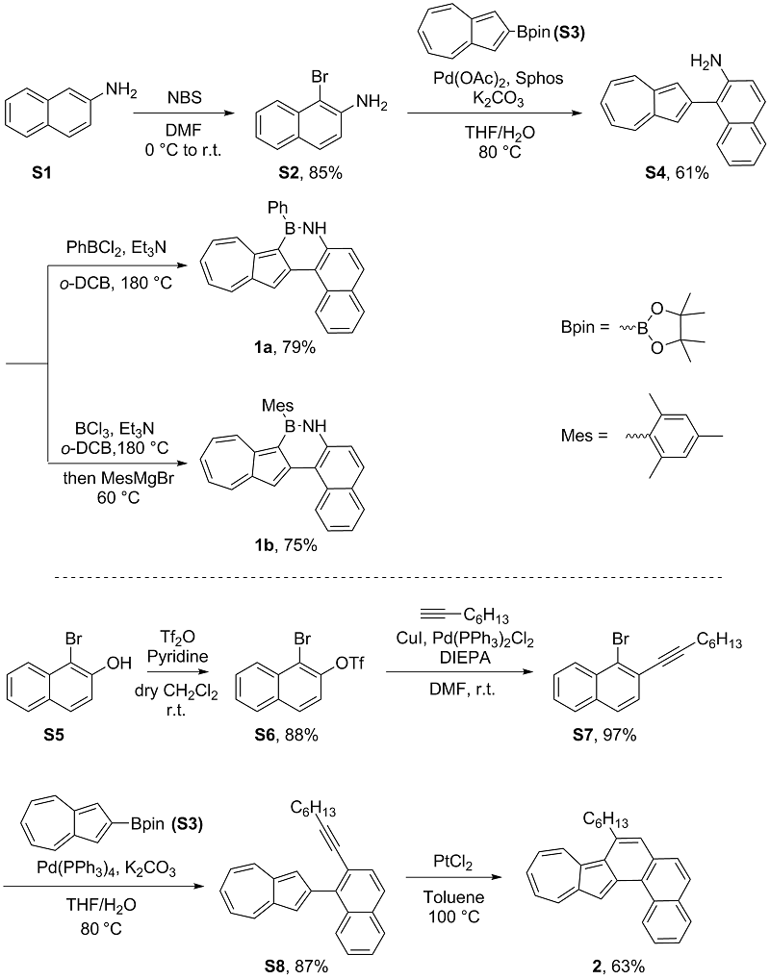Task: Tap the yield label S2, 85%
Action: point(301,179)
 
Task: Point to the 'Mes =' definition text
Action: point(583,437)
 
